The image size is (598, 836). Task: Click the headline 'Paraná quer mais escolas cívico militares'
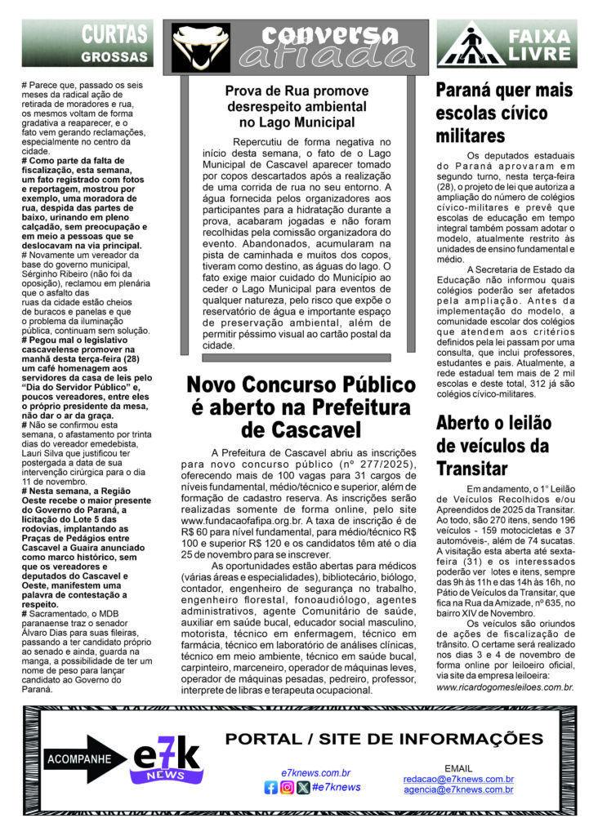click(x=504, y=113)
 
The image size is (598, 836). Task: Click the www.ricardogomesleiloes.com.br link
click(x=505, y=687)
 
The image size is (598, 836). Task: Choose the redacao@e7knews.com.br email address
click(x=457, y=779)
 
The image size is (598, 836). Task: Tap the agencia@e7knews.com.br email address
click(x=457, y=789)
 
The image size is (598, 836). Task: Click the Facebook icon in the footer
click(x=271, y=788)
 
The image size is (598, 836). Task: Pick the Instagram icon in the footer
click(x=287, y=788)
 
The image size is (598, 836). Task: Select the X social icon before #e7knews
click(x=303, y=788)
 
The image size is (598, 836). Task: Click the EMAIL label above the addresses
click(x=457, y=768)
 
